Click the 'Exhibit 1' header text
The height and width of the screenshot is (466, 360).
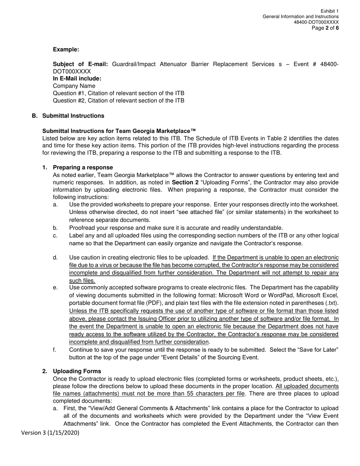pos(330,11)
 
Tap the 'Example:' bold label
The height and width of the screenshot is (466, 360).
pos(66,50)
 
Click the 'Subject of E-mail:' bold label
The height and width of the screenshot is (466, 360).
pos(80,64)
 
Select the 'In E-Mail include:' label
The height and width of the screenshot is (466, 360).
pos(77,79)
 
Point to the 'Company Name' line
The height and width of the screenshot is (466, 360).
pos(74,86)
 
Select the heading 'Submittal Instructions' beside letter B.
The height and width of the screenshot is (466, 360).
pos(73,116)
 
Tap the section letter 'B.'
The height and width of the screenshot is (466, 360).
pos(35,116)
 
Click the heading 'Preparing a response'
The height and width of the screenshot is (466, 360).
pos(83,167)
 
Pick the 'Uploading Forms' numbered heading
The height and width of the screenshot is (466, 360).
pos(77,371)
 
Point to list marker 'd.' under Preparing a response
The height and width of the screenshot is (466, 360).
pos(55,258)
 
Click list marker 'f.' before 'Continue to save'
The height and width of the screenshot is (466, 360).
pos(55,350)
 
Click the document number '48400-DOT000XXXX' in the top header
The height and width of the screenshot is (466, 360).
pos(316,22)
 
